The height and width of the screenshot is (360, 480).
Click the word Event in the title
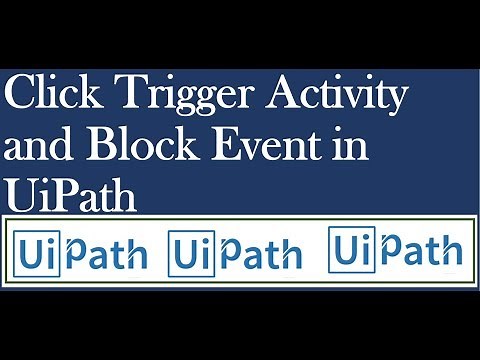(x=270, y=147)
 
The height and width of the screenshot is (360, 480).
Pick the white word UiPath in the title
(x=70, y=192)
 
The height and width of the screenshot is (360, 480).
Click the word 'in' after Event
(x=353, y=147)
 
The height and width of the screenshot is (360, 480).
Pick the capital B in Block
(x=100, y=147)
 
